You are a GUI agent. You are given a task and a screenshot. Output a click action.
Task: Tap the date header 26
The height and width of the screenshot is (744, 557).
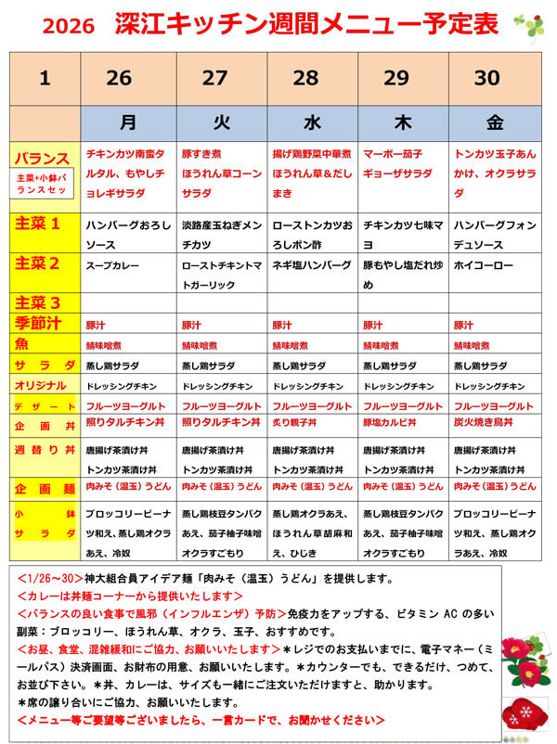tap(119, 78)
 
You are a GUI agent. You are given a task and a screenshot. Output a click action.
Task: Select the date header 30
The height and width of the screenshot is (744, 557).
tap(487, 78)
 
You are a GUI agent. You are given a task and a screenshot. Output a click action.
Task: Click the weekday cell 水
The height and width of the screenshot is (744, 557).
tap(312, 122)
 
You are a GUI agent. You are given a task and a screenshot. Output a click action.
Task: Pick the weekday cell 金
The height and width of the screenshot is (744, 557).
tap(494, 122)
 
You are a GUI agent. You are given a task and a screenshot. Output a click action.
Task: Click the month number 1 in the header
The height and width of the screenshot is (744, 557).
tap(45, 78)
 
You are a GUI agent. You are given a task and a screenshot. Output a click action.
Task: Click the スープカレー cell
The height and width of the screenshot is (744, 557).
tap(112, 265)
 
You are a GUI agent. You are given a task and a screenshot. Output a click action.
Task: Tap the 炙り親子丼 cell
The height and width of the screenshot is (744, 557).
tap(301, 422)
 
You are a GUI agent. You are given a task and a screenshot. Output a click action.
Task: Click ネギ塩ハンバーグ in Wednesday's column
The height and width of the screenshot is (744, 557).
tap(312, 265)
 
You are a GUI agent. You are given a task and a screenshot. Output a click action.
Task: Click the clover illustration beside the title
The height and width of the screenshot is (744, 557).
tap(529, 27)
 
